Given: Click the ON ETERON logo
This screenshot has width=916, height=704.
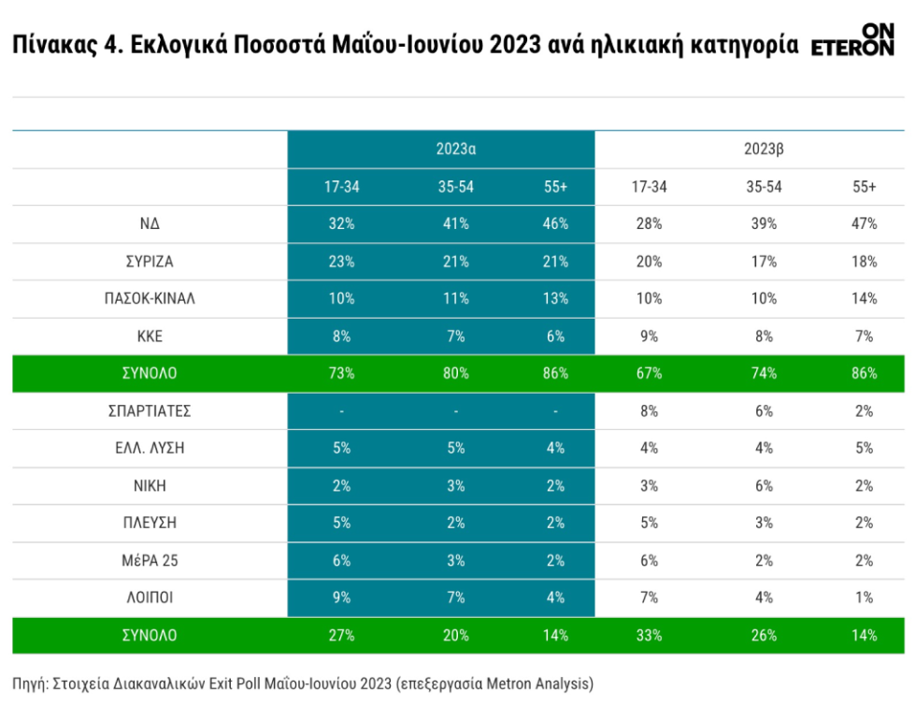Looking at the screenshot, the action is click(x=852, y=39).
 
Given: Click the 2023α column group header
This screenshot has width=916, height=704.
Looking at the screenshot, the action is click(x=456, y=149).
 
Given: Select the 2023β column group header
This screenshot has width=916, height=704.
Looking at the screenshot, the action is click(x=764, y=149).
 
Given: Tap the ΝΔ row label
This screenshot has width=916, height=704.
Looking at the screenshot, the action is click(x=150, y=223).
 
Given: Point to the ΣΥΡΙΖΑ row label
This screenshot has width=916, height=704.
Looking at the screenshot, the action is click(x=150, y=261).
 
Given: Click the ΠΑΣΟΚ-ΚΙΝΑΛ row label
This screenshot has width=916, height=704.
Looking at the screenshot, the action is click(x=150, y=298).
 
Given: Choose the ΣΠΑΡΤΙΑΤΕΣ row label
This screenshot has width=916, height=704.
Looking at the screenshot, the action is click(x=150, y=410).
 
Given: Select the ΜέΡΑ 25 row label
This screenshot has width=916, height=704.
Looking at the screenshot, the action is click(x=150, y=560).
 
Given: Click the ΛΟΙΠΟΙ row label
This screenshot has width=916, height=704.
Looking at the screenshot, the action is click(x=150, y=597).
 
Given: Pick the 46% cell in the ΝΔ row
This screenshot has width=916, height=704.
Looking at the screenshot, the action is click(x=555, y=223).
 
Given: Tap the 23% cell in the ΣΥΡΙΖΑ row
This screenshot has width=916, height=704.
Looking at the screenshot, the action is click(x=341, y=261).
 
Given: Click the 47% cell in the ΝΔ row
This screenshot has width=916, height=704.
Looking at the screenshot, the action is click(x=864, y=223).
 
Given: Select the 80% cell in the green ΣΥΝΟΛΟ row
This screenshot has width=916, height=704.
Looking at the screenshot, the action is click(x=456, y=373).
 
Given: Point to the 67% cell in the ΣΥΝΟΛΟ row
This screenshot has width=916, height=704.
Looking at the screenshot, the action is click(x=649, y=373).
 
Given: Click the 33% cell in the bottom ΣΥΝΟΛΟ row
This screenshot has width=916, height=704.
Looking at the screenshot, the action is click(x=649, y=635).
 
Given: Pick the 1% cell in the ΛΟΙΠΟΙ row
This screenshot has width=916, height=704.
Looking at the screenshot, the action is click(x=864, y=597).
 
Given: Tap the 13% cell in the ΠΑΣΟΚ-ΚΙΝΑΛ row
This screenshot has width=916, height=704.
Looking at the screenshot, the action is click(x=555, y=298).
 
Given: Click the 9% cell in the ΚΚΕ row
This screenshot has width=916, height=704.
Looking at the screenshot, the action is click(x=649, y=336).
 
